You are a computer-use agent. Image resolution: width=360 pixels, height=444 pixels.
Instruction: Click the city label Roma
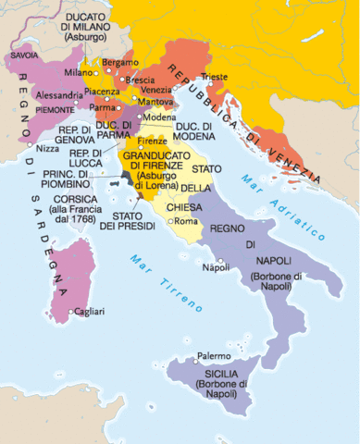(x=188, y=221)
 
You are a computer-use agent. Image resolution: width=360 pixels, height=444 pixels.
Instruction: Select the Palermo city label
(x=214, y=356)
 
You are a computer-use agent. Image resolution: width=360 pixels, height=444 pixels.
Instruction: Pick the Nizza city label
(x=48, y=148)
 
